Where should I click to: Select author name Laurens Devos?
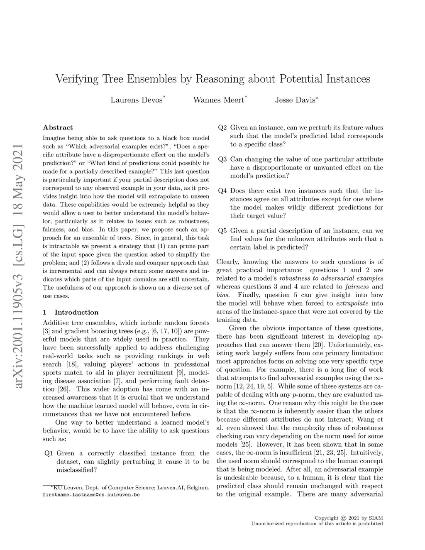point(136,100)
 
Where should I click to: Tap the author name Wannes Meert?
point(218,100)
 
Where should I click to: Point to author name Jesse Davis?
point(295,100)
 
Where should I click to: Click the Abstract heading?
point(58,127)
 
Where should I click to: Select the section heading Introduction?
point(76,312)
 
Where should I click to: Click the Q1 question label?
point(48,453)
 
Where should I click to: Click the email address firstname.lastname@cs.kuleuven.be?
point(91,495)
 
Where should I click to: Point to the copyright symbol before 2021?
point(343,518)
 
